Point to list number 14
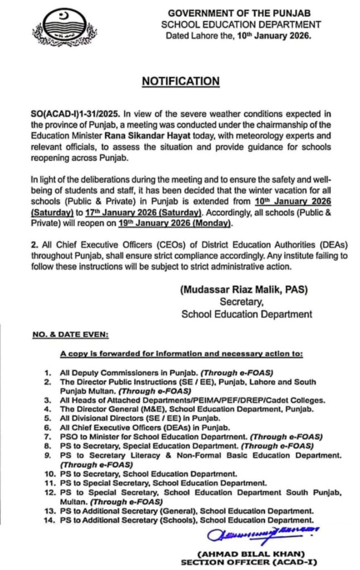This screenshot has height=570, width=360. coord(48,520)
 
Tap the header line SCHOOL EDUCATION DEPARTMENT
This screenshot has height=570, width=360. coord(241,24)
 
